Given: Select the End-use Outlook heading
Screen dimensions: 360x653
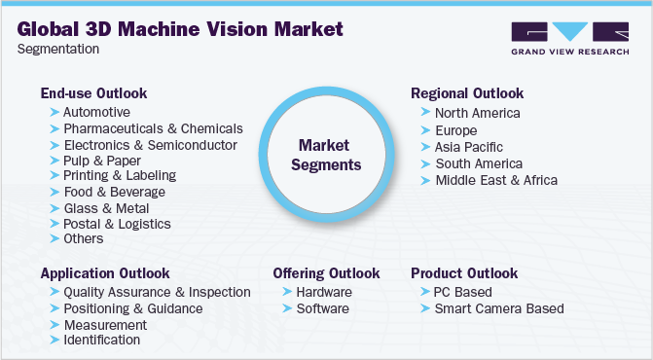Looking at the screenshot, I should tap(93, 93).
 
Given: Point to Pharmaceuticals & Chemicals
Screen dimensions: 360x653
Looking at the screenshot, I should tap(153, 128).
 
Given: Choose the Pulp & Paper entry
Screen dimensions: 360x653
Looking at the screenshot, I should tap(102, 161).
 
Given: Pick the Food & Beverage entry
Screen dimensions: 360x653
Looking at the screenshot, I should tap(114, 192).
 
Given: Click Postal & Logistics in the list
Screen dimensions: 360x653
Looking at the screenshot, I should tap(117, 224).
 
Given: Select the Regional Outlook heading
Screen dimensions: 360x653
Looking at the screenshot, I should tap(467, 93).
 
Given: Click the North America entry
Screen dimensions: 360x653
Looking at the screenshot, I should tap(478, 113).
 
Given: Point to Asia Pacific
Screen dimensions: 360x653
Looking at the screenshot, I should tap(470, 148).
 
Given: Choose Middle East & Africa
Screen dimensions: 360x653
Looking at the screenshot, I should tap(496, 180).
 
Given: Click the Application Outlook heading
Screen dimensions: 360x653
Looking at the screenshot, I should tap(105, 273).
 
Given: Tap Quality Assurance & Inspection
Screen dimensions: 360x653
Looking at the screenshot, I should tap(157, 292).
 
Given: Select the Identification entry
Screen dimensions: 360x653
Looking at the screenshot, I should tap(101, 340).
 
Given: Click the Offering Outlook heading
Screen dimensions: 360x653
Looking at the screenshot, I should tap(326, 273).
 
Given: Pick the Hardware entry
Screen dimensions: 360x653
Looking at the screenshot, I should tap(325, 292).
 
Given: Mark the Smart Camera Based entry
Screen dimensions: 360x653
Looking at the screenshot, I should tap(499, 308).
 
